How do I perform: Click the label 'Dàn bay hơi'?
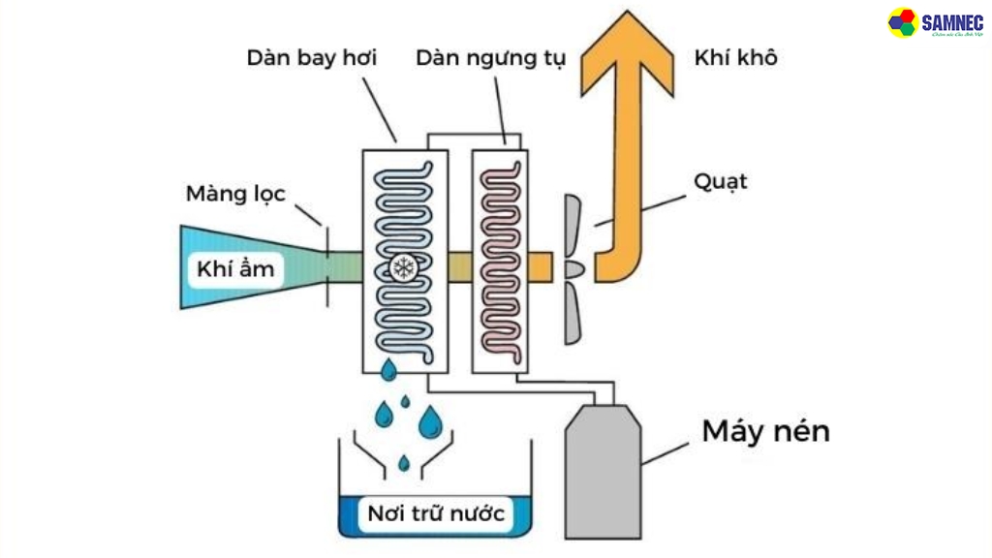point(311,58)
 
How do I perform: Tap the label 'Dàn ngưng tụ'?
point(491,58)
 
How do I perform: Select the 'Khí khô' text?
point(735,58)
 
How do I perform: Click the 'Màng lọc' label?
point(235,194)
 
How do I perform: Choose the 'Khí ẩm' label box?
point(235,268)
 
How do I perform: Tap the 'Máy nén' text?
point(765,431)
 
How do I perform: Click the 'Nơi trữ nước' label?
point(435,513)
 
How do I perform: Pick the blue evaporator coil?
point(404,213)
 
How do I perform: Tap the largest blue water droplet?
point(428,422)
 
